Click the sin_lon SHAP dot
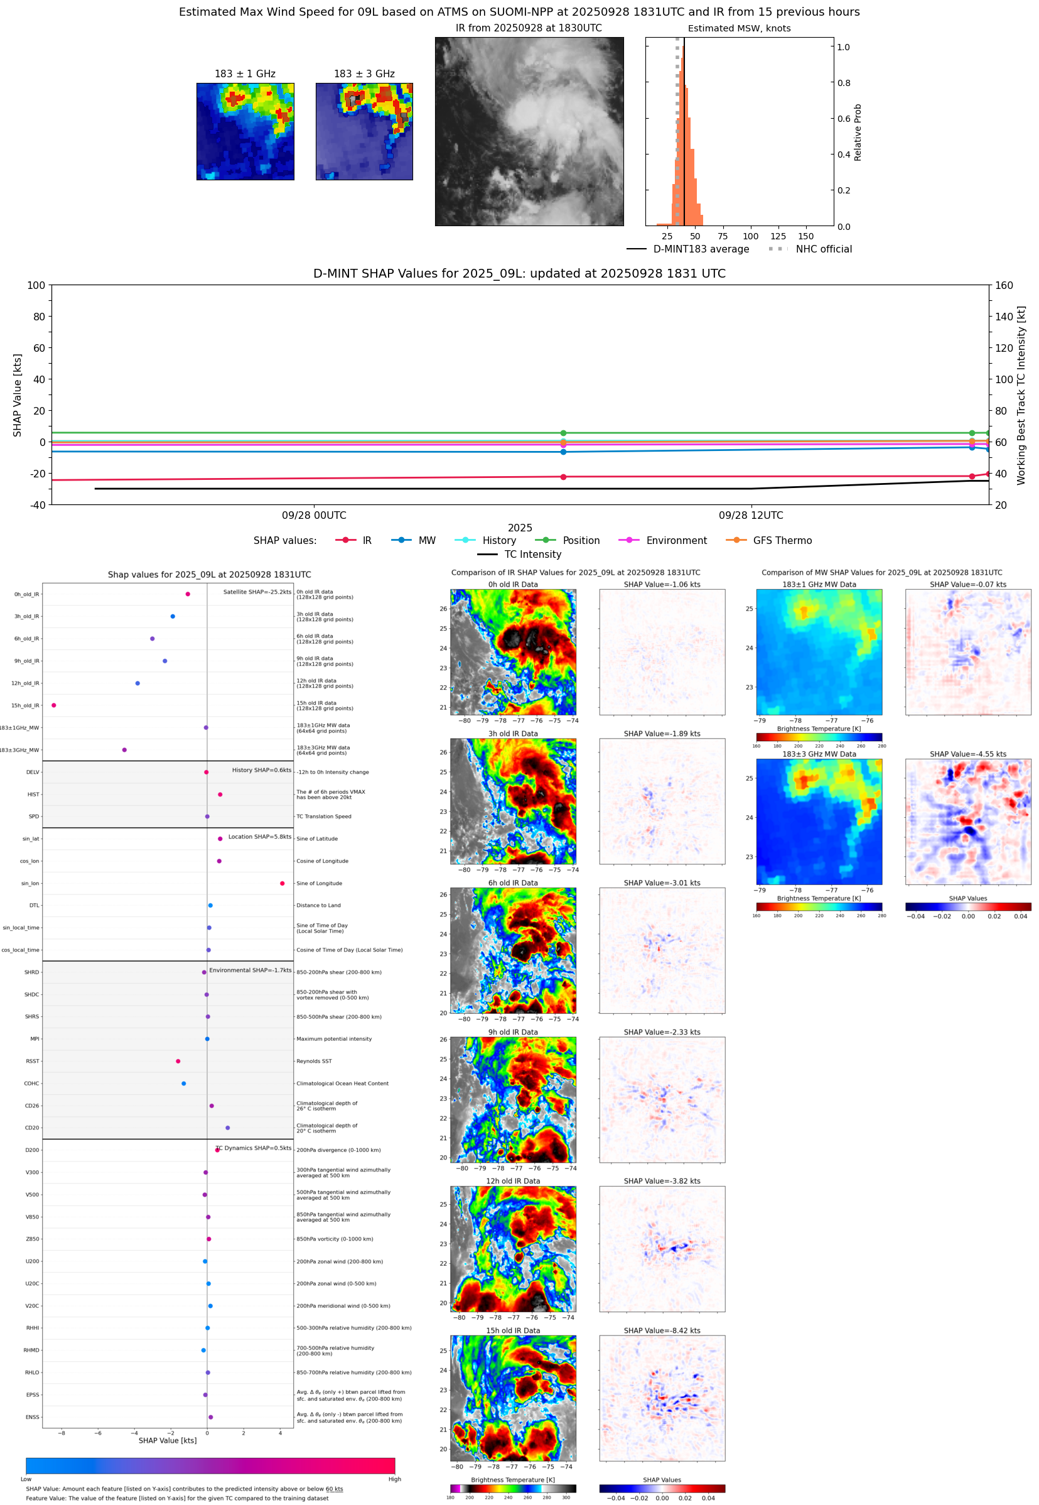pos(282,883)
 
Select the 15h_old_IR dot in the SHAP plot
pos(54,705)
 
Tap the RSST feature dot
pos(178,1061)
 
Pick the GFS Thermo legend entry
pos(782,541)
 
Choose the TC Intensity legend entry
pos(532,554)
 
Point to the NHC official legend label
pos(824,249)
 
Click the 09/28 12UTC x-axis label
pos(751,515)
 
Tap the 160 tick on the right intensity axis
pos(1004,285)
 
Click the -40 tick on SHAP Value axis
pos(37,505)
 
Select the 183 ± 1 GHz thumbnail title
pos(245,73)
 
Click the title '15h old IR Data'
pos(513,1330)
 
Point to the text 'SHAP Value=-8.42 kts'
pos(662,1330)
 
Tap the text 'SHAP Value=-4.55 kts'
pos(967,754)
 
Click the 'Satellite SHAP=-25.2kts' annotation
pos(257,592)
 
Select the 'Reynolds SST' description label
pos(314,1061)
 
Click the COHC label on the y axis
pos(31,1084)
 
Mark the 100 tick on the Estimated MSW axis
pos(750,236)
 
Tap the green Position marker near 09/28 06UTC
pos(563,433)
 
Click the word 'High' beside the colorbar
pos(394,1479)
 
